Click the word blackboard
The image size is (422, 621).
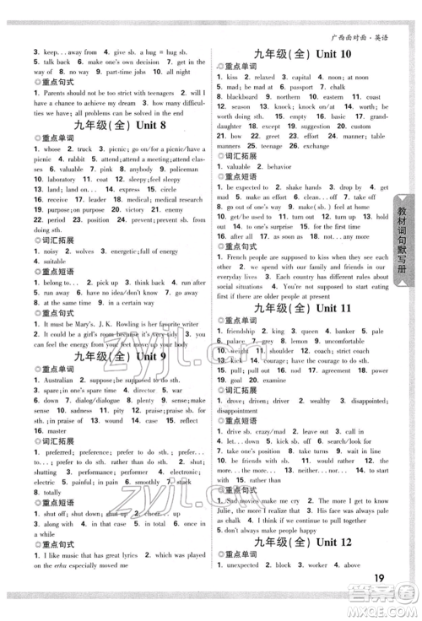(241, 98)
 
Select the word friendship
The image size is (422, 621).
(244, 332)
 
